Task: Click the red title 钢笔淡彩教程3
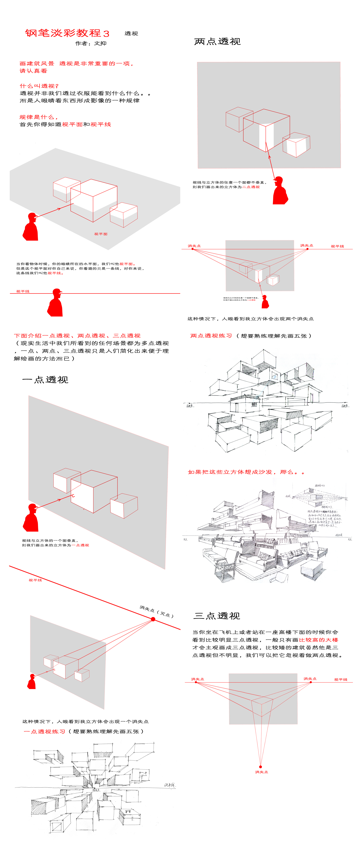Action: (x=67, y=33)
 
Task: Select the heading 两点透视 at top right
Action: (x=217, y=42)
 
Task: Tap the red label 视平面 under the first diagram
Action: (x=101, y=234)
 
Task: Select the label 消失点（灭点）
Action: (x=156, y=611)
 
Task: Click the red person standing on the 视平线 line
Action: (x=56, y=303)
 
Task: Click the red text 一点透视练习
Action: (x=45, y=731)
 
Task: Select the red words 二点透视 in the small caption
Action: (x=251, y=187)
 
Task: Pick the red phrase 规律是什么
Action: (x=38, y=117)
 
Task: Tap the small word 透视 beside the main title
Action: (x=131, y=33)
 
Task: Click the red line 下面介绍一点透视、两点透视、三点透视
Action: (x=77, y=336)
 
